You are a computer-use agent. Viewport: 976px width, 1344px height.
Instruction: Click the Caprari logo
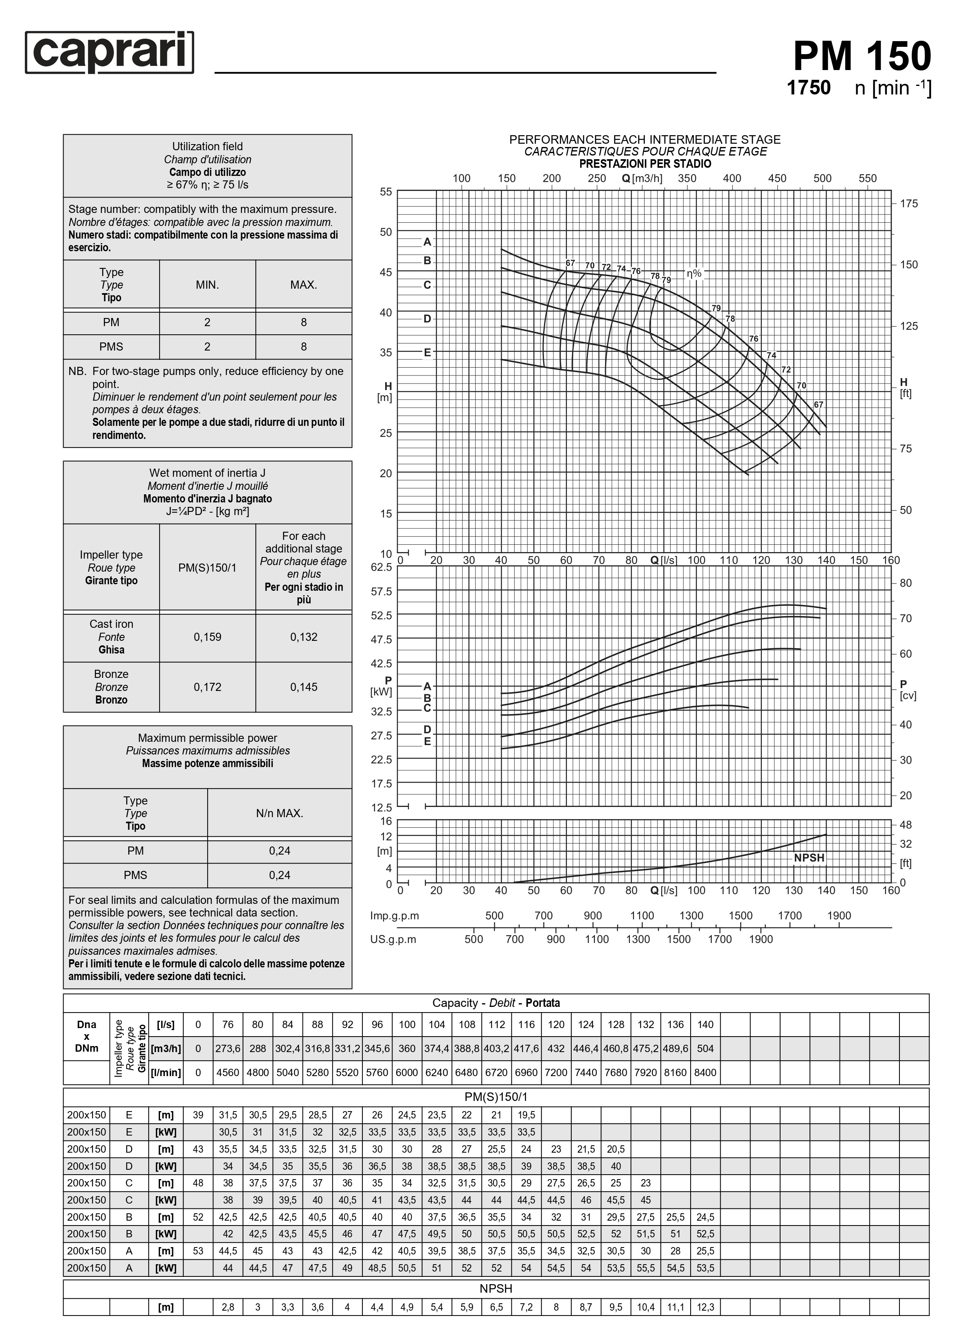pos(110,53)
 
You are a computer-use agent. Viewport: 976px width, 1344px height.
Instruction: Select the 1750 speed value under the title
pos(808,88)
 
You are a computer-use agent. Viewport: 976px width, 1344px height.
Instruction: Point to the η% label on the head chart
pos(694,273)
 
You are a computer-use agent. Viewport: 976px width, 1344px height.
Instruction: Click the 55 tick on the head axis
pos(386,191)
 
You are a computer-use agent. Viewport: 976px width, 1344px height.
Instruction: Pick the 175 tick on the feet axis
pos(908,203)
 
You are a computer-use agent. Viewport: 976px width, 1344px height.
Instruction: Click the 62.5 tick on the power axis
pos(381,567)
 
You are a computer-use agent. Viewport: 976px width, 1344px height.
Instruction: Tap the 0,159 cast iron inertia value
pos(207,637)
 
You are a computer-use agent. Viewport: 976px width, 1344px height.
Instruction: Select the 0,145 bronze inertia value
pos(303,687)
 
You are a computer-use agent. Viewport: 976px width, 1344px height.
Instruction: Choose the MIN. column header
pos(207,285)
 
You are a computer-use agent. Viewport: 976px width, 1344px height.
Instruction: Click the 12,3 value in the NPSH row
pos(705,1307)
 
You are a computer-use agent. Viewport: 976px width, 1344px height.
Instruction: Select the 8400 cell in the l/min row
pos(705,1072)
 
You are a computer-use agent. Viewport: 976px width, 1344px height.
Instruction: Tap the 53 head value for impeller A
pos(198,1251)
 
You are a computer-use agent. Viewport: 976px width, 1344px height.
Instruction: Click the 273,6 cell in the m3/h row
pos(228,1048)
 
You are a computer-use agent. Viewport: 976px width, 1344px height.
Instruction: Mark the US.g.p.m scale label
pos(393,939)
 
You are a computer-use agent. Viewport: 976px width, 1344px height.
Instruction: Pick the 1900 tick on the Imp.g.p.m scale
pos(838,916)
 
